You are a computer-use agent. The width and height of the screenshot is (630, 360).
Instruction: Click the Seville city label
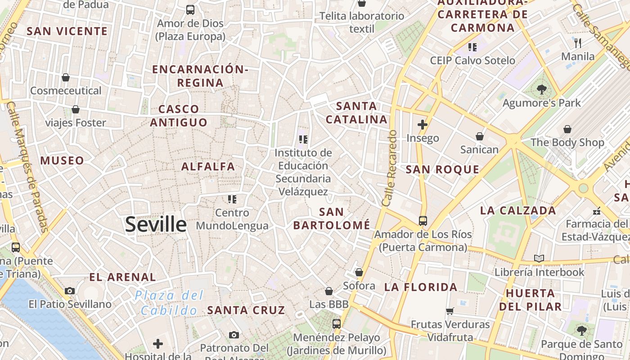pos(156,224)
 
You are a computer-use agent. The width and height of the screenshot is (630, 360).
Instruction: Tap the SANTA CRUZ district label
pos(246,310)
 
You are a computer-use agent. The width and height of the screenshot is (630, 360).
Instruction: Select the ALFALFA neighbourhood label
pos(208,166)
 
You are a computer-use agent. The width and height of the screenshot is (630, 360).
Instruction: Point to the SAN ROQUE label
pos(442,170)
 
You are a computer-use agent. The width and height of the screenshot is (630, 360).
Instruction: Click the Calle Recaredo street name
pos(390,169)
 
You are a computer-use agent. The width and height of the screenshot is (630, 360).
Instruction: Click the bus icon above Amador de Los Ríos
pos(423,220)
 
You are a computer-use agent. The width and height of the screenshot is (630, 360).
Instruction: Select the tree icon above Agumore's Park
pos(541,90)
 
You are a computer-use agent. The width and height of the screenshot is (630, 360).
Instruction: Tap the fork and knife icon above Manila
pos(578,43)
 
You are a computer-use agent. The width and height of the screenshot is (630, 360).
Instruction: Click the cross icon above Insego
pos(422,124)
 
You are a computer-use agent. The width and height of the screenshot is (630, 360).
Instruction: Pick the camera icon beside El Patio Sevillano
pos(69,291)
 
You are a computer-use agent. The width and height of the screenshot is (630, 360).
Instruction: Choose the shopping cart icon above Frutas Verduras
pos(450,311)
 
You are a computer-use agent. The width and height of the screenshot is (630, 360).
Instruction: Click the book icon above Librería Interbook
pos(539,258)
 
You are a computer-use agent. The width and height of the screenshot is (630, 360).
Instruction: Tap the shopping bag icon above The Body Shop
pos(567,129)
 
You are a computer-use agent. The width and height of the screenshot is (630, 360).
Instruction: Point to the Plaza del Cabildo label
pos(169,303)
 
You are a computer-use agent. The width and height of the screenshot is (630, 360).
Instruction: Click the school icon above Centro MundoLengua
pos(232,199)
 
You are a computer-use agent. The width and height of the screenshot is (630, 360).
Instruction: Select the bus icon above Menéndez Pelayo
pos(336,324)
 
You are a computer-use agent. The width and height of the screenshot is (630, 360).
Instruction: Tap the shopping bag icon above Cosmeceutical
pos(66,77)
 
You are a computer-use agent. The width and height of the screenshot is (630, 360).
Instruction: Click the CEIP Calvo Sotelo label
pos(472,60)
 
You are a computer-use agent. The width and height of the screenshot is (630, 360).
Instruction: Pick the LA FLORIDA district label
pos(421,287)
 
